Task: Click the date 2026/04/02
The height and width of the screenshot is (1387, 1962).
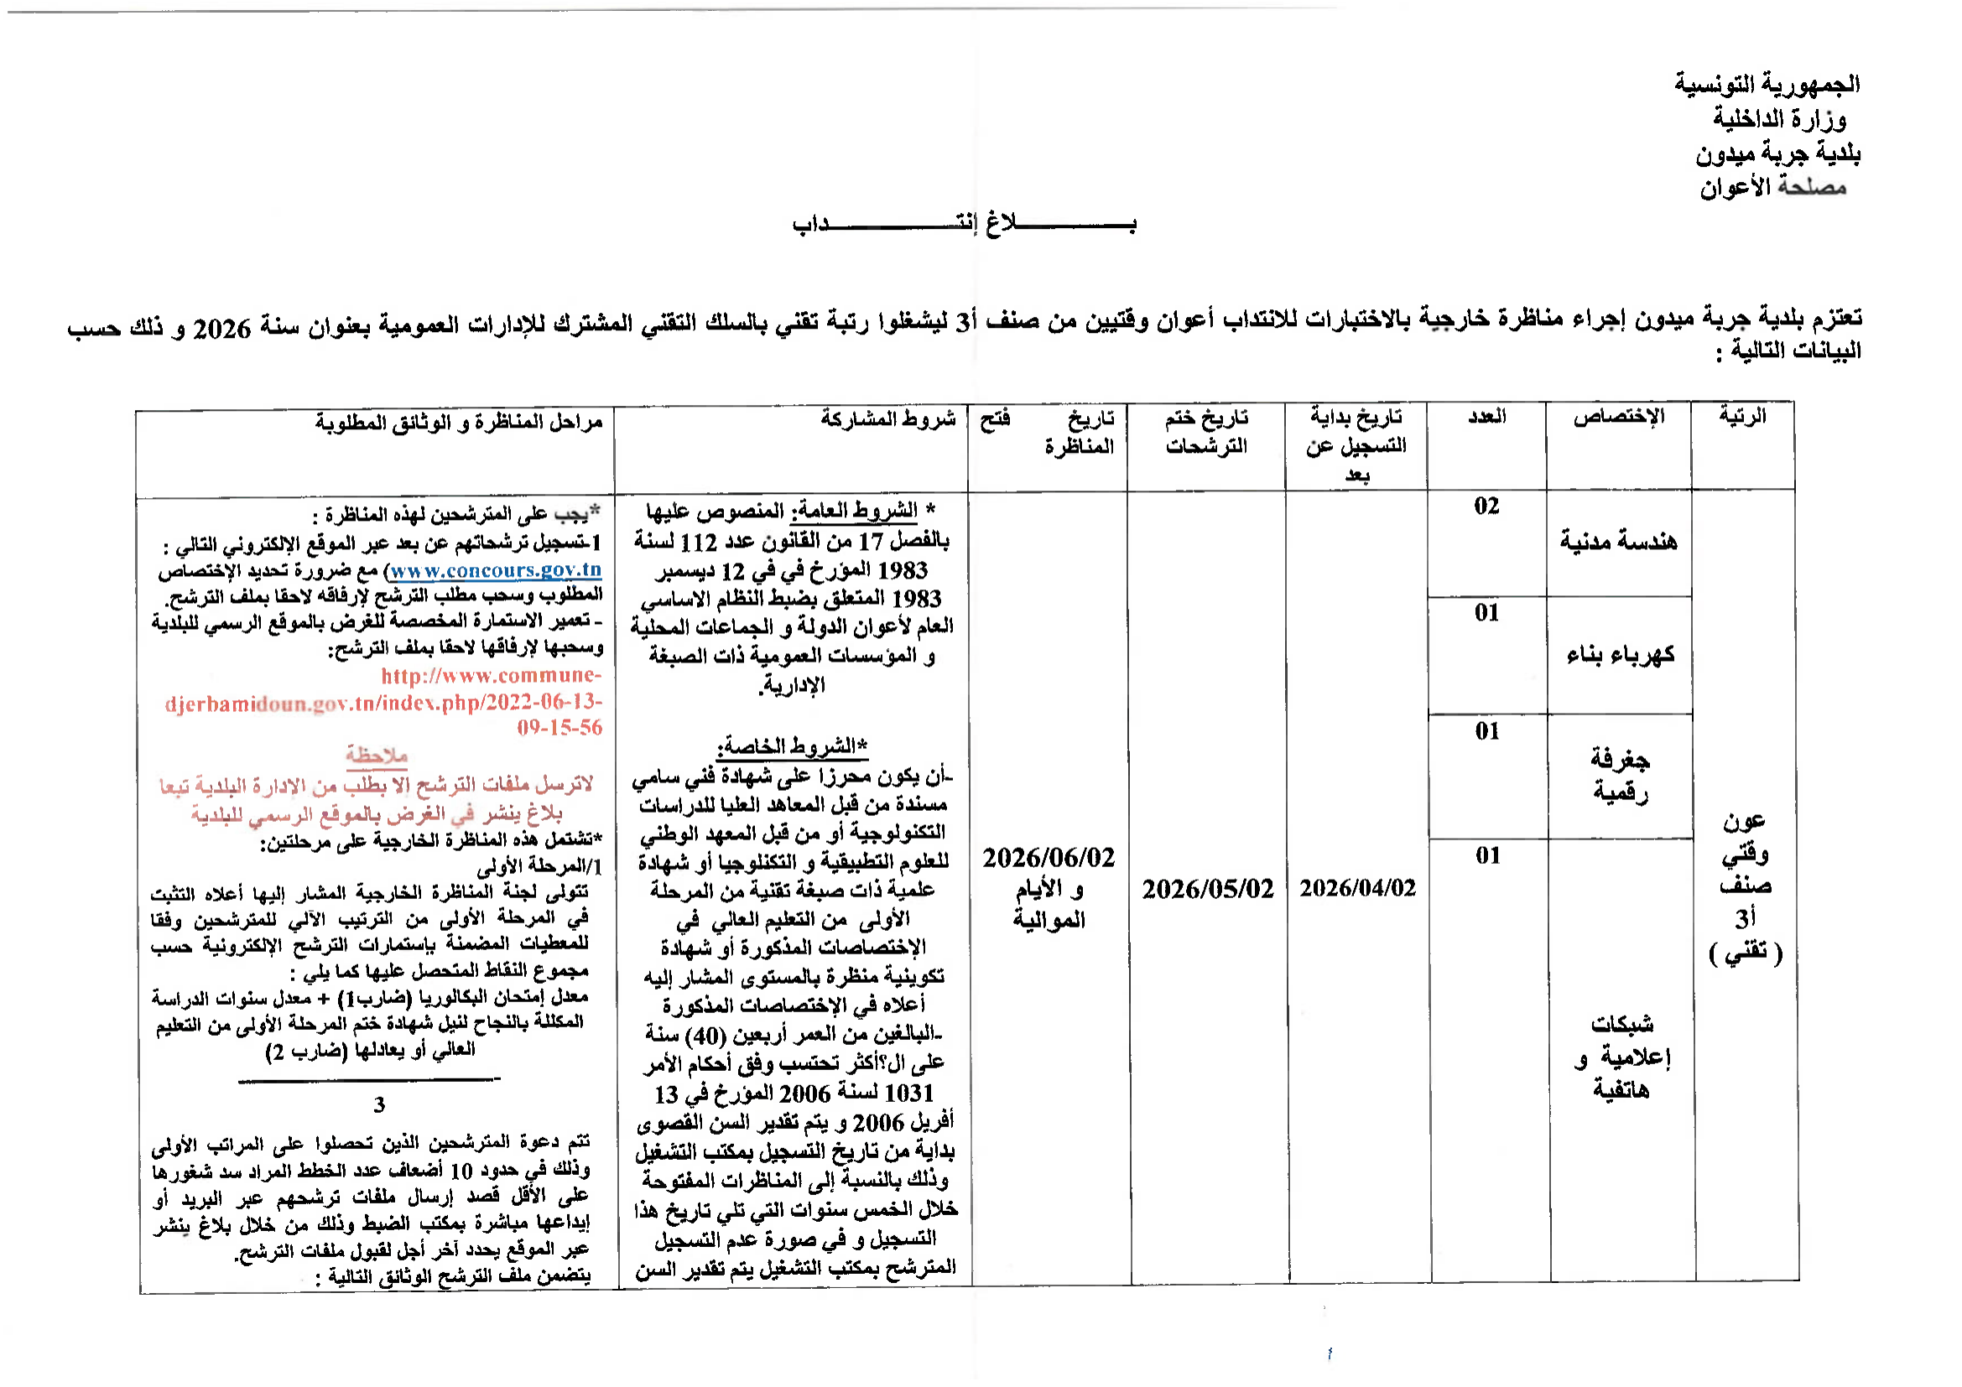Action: tap(1357, 888)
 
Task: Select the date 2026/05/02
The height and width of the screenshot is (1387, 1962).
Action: tap(1207, 889)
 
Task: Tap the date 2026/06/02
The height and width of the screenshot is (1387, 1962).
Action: tap(1049, 858)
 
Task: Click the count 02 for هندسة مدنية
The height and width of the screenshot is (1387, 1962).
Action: tap(1486, 506)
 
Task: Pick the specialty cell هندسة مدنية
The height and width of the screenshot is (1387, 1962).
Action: tap(1618, 542)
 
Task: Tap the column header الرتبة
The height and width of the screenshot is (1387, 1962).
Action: tap(1742, 417)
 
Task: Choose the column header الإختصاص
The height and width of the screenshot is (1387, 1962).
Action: tap(1618, 417)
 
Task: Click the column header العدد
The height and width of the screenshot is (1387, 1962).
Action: tap(1487, 417)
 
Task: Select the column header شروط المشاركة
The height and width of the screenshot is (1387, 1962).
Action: tap(887, 418)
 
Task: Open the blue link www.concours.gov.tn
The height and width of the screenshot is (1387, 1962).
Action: tap(497, 569)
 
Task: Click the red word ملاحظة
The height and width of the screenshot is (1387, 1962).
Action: tap(376, 755)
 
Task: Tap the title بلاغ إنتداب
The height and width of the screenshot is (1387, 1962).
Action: tap(964, 224)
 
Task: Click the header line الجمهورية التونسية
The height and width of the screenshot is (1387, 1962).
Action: tap(1767, 84)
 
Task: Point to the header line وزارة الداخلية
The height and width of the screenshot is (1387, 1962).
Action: tap(1779, 119)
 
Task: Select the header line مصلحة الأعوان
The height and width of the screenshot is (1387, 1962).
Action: tap(1772, 187)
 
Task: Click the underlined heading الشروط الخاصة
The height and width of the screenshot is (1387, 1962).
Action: tap(792, 745)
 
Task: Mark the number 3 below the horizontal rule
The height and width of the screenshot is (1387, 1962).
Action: tap(379, 1105)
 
